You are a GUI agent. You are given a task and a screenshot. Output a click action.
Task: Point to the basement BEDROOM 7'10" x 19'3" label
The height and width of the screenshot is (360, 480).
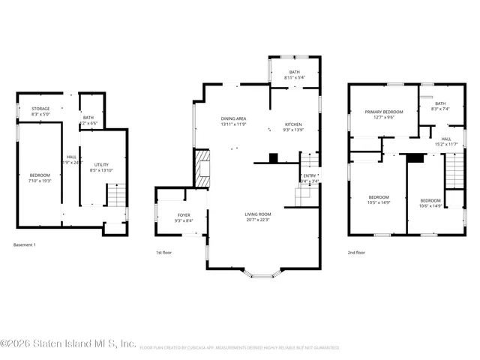pos(40,178)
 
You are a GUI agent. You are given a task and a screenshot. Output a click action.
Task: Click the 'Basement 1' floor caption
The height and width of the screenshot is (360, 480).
pos(25,244)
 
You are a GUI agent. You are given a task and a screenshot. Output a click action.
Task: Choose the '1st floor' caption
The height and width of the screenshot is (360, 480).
pos(164,253)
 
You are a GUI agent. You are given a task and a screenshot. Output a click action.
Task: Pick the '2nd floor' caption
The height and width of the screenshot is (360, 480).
pos(356,253)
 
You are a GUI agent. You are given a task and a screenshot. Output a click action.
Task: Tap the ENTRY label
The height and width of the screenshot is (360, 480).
pos(309,178)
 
